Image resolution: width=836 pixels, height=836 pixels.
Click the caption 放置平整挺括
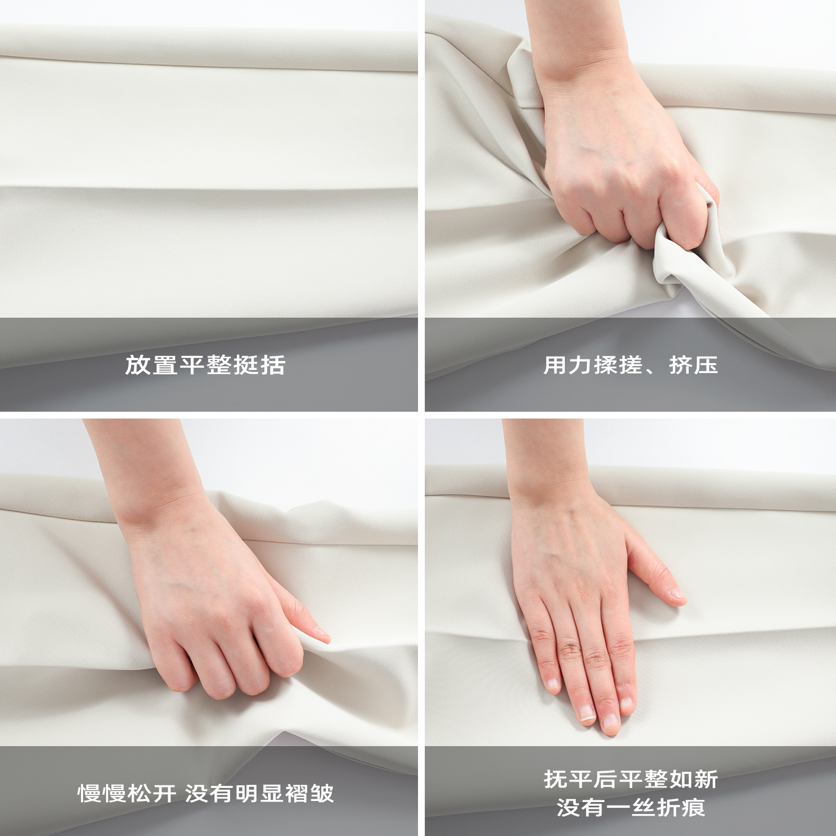(x=205, y=365)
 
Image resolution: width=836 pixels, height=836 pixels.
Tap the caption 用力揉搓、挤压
(x=631, y=365)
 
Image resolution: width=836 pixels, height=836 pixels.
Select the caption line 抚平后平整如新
(x=631, y=779)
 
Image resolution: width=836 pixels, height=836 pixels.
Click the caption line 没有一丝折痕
(x=631, y=807)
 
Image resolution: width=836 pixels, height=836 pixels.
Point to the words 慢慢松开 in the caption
(x=127, y=793)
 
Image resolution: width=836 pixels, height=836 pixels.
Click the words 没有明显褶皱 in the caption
(x=259, y=793)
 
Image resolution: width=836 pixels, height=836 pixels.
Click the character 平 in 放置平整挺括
(x=192, y=365)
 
